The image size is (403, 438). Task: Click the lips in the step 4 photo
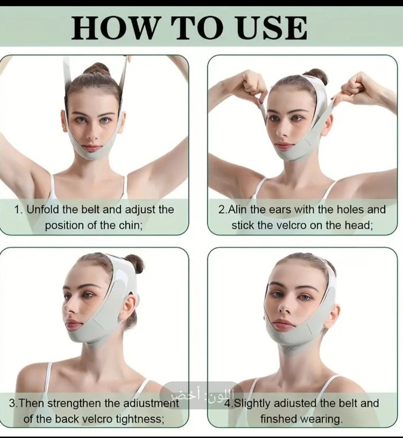pyautogui.click(x=283, y=324)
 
